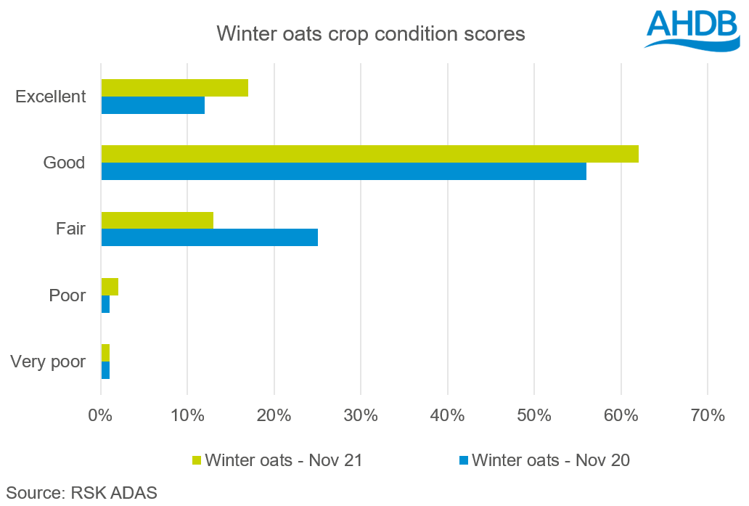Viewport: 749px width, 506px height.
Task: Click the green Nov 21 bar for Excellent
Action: pos(174,88)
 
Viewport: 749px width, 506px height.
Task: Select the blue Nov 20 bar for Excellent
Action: pos(152,105)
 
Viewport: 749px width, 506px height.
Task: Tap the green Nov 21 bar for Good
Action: pos(369,154)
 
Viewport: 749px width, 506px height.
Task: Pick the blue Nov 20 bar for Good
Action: pos(343,171)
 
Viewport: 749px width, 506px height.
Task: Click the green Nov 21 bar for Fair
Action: pos(157,220)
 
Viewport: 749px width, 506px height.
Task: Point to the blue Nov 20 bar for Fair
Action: pos(209,237)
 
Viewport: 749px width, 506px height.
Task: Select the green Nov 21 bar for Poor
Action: pos(110,287)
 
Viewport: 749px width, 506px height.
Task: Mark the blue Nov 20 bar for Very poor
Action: pos(105,370)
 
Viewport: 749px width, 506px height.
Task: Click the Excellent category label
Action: pos(51,97)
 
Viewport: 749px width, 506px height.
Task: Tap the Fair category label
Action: pos(70,229)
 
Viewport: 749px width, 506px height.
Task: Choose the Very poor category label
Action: pos(49,362)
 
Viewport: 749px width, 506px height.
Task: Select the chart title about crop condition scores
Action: pos(370,33)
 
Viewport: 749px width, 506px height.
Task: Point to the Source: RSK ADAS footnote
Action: pos(81,491)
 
